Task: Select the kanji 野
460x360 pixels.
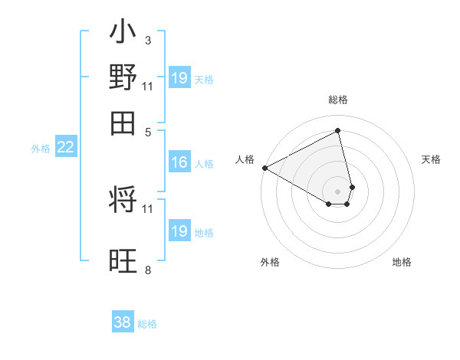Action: pos(123,78)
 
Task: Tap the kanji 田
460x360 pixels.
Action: pos(123,123)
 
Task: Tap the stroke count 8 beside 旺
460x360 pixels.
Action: pos(147,270)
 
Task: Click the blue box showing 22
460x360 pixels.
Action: pos(65,147)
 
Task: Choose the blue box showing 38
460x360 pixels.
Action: pos(123,322)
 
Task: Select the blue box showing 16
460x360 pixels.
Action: pos(179,162)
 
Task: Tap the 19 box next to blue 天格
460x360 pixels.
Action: pos(179,79)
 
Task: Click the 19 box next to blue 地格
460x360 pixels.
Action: pos(179,231)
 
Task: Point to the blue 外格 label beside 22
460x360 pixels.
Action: pos(41,149)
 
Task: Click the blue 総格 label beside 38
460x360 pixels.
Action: pos(147,324)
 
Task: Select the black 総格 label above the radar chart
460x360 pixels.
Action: pos(338,100)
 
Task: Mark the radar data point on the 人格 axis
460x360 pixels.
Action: pos(264,168)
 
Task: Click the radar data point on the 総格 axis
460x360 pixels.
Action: pos(338,131)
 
